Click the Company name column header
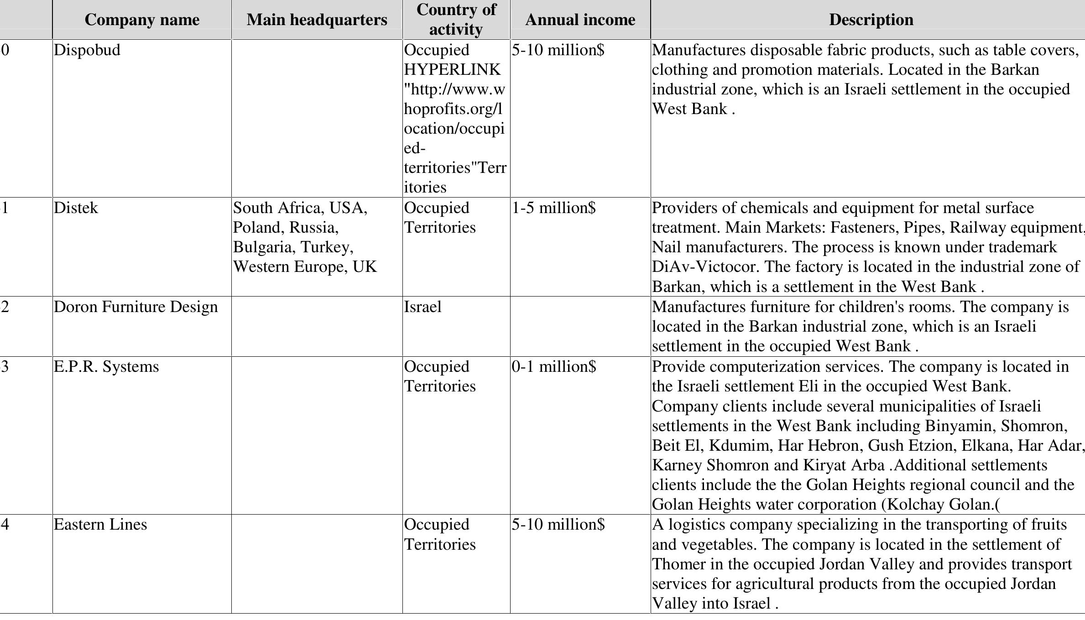(142, 20)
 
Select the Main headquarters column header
(317, 20)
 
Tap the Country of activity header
(456, 20)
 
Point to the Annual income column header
(580, 20)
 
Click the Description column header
(871, 20)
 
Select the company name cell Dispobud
(87, 50)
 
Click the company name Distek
(76, 208)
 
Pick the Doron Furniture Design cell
(136, 307)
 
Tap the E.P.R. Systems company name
(106, 367)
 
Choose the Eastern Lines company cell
(100, 525)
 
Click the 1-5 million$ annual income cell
(553, 208)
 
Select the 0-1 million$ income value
(553, 367)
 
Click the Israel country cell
(423, 307)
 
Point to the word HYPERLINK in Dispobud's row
(452, 70)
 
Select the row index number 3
(5, 367)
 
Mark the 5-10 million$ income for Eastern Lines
(558, 525)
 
